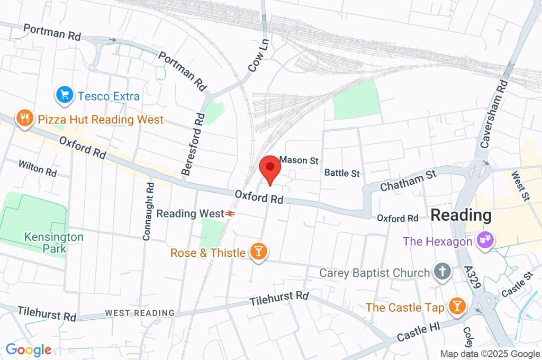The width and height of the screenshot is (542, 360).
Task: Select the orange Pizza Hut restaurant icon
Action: (x=24, y=119)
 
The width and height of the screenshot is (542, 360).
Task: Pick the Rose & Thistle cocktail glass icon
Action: (x=258, y=253)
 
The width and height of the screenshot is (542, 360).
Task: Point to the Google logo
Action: (x=28, y=349)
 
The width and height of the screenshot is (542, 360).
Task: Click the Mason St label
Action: (x=299, y=159)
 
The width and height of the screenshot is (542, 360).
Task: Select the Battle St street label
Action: (x=342, y=173)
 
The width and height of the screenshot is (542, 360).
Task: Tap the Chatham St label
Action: (x=408, y=180)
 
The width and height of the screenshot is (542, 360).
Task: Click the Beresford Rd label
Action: (x=192, y=143)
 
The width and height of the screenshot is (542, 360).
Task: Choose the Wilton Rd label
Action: (x=37, y=168)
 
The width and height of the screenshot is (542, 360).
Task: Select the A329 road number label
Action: (x=473, y=277)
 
